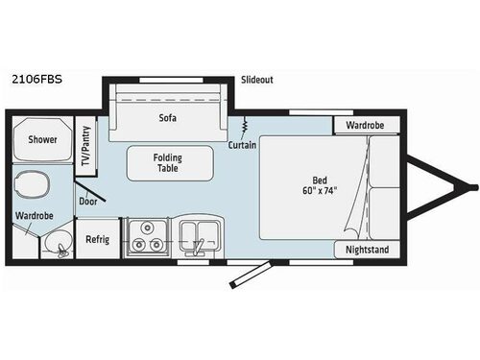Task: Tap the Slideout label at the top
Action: [258, 81]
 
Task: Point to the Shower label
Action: [41, 140]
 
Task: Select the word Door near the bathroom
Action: [88, 203]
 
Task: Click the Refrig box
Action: [97, 239]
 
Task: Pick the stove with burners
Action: [148, 237]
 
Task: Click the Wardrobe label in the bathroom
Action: [34, 216]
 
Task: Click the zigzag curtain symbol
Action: [246, 125]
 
